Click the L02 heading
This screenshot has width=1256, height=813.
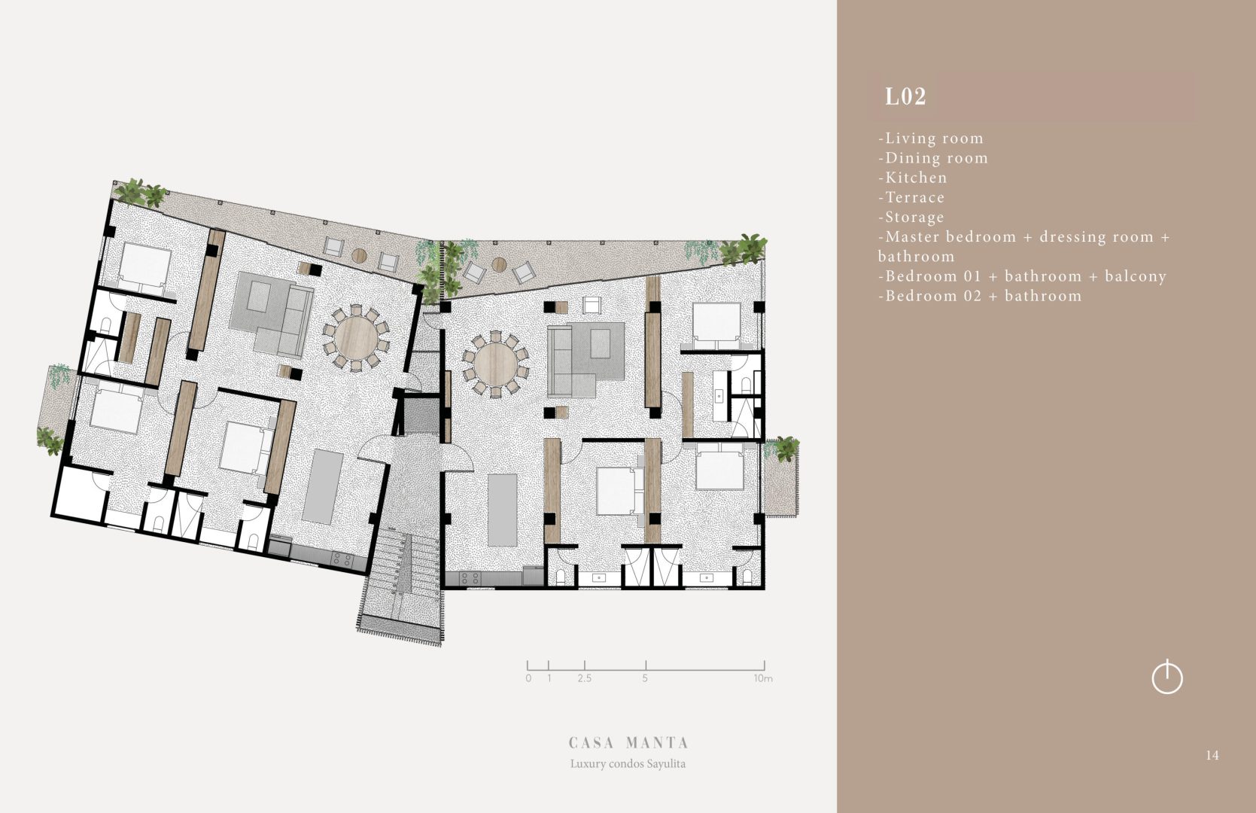[905, 96]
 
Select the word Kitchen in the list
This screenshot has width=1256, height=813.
[916, 178]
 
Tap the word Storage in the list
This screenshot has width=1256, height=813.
[914, 218]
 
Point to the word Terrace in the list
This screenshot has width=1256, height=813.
[914, 197]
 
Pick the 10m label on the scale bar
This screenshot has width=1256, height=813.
[763, 678]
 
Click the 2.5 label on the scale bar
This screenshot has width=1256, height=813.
[584, 678]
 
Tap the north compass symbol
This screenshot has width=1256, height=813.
[1167, 677]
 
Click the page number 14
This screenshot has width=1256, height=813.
[1212, 755]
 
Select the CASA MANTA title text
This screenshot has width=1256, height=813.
[628, 743]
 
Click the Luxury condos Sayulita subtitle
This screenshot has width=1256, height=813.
[628, 763]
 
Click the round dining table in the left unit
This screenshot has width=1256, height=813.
[356, 337]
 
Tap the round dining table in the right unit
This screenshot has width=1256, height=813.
[496, 364]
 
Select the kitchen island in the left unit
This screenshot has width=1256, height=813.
[322, 486]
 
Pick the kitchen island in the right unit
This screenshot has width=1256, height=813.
[503, 510]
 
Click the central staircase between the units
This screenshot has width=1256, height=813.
[402, 578]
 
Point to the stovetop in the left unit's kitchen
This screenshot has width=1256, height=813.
[342, 559]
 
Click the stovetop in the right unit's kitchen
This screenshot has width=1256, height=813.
[470, 578]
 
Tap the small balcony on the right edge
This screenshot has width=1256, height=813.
[781, 478]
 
